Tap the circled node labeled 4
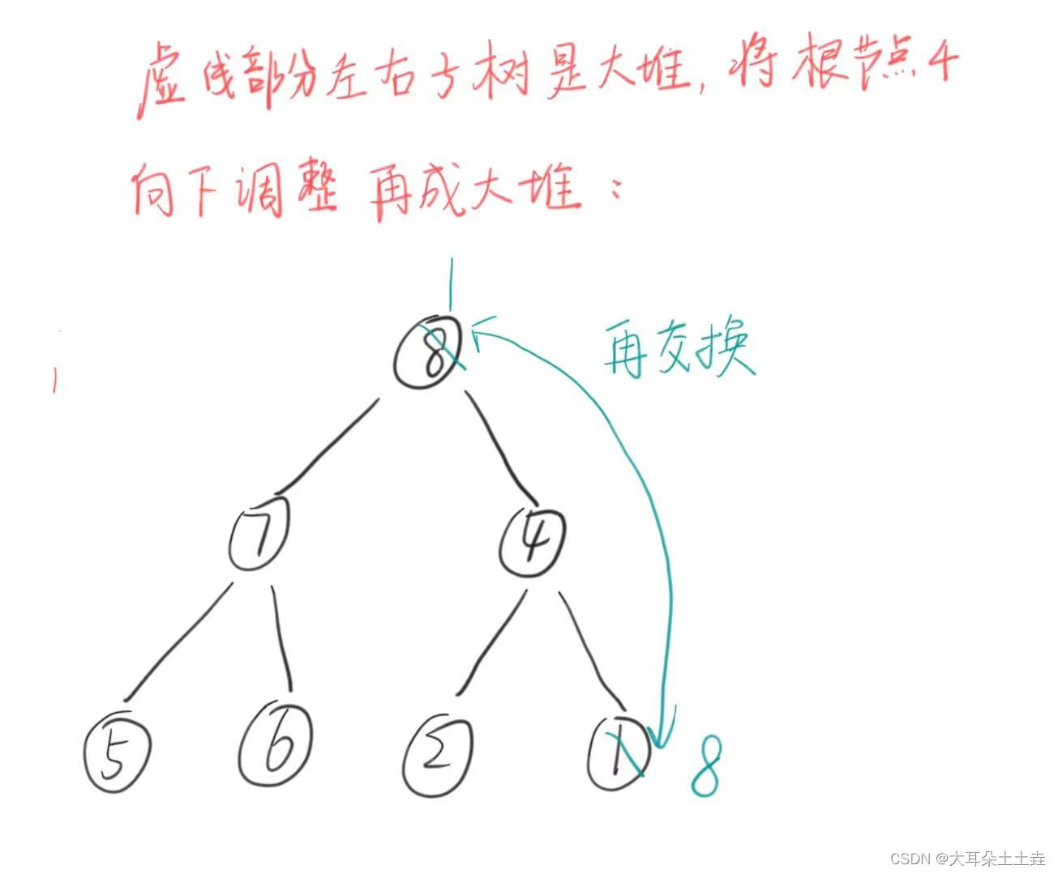point(532,539)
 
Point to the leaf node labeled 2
point(438,755)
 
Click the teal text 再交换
point(678,350)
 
